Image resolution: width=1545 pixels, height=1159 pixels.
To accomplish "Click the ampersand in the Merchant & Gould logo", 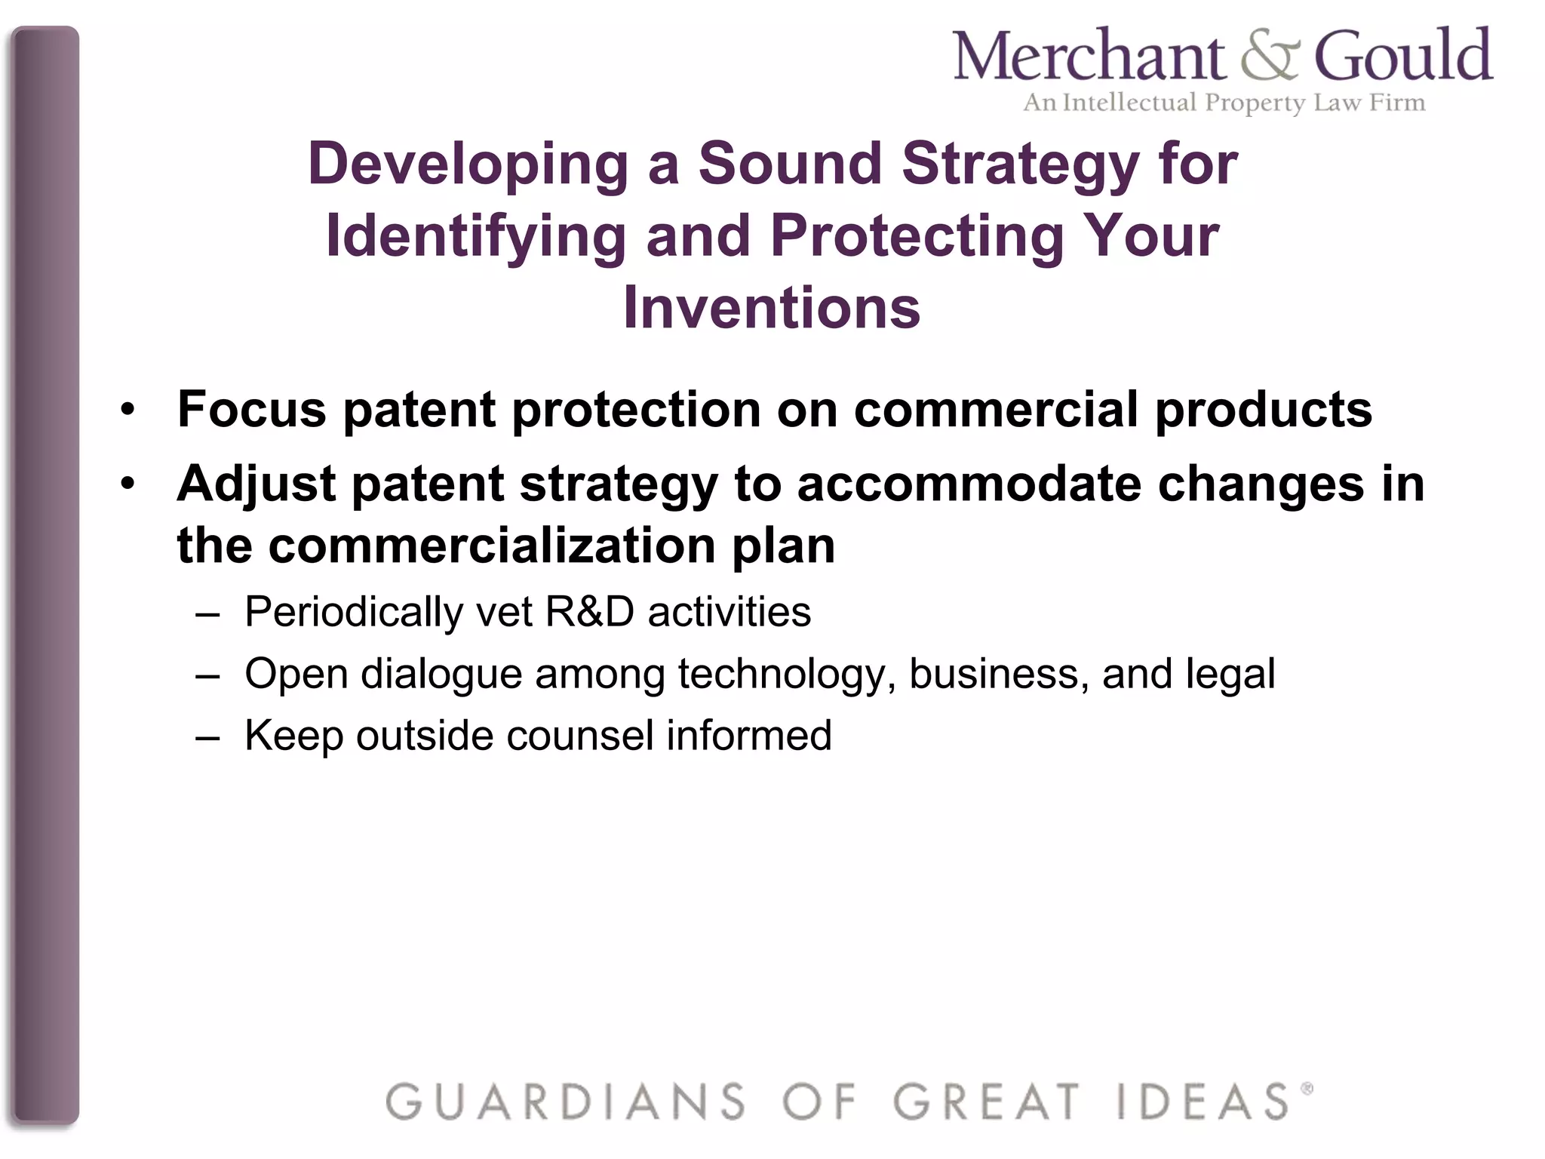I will pos(1270,57).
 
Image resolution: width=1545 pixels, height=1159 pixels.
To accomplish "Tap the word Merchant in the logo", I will pos(1089,56).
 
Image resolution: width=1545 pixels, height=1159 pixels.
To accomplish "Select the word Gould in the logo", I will pos(1403,56).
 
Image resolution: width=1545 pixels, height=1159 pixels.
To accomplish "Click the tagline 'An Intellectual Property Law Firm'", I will pos(1224,103).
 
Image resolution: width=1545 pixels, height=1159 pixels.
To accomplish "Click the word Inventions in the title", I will pos(772,308).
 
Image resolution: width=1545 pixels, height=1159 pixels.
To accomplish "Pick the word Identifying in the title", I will pos(475,237).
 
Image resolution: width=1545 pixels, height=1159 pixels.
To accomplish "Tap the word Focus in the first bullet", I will pos(252,409).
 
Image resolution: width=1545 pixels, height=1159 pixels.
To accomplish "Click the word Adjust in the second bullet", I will pos(256,484).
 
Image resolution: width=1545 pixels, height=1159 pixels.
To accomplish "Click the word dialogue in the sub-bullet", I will pos(441,675).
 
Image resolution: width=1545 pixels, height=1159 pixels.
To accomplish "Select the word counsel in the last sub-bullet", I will pos(580,735).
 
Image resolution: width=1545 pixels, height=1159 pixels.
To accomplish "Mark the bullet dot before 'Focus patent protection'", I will pos(128,410).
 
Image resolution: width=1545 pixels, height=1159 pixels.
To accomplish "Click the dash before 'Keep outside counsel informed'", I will pos(207,736).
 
